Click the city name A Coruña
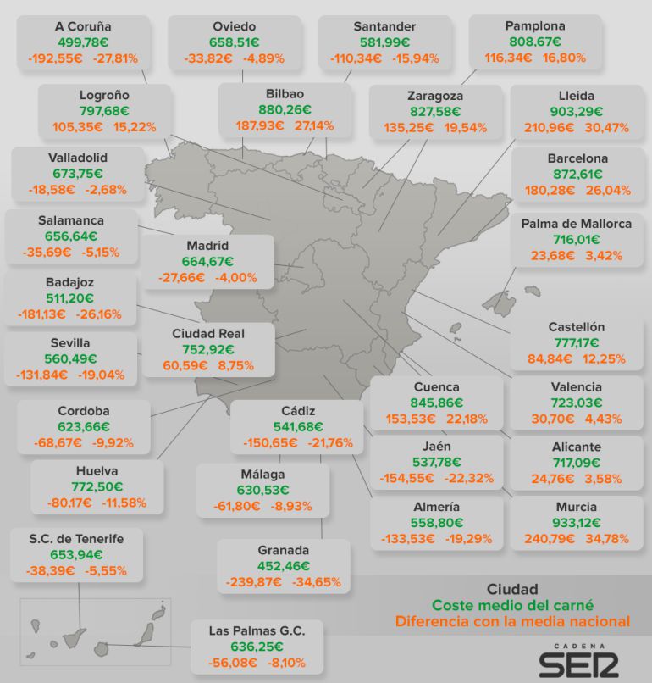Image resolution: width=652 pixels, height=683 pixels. [83, 26]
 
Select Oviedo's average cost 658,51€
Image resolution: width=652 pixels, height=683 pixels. [235, 42]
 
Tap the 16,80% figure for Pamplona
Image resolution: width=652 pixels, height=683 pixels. [564, 58]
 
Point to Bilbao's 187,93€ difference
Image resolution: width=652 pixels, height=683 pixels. [260, 126]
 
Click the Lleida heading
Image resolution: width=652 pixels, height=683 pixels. [577, 96]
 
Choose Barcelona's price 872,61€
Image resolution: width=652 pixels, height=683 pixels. [577, 175]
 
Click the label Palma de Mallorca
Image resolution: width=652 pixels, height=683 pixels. [577, 224]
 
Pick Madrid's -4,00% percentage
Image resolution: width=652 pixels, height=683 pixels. [236, 277]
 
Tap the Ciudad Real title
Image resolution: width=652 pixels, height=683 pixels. [208, 334]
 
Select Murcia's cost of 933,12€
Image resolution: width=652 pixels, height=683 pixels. [577, 523]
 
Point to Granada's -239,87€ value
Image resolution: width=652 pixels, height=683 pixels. [253, 582]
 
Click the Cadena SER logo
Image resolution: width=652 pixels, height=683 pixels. [579, 661]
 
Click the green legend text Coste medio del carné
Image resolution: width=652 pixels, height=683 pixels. [513, 606]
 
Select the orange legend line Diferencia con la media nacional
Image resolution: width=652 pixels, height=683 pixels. [513, 621]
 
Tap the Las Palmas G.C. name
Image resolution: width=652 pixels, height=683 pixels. [257, 630]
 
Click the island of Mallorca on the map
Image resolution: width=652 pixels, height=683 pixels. [500, 302]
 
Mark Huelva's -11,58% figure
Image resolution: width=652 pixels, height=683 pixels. [124, 503]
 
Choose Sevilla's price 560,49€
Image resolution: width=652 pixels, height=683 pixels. [70, 359]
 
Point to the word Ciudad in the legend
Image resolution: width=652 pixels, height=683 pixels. [512, 589]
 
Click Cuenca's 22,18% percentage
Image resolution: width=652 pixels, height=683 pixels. [467, 419]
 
